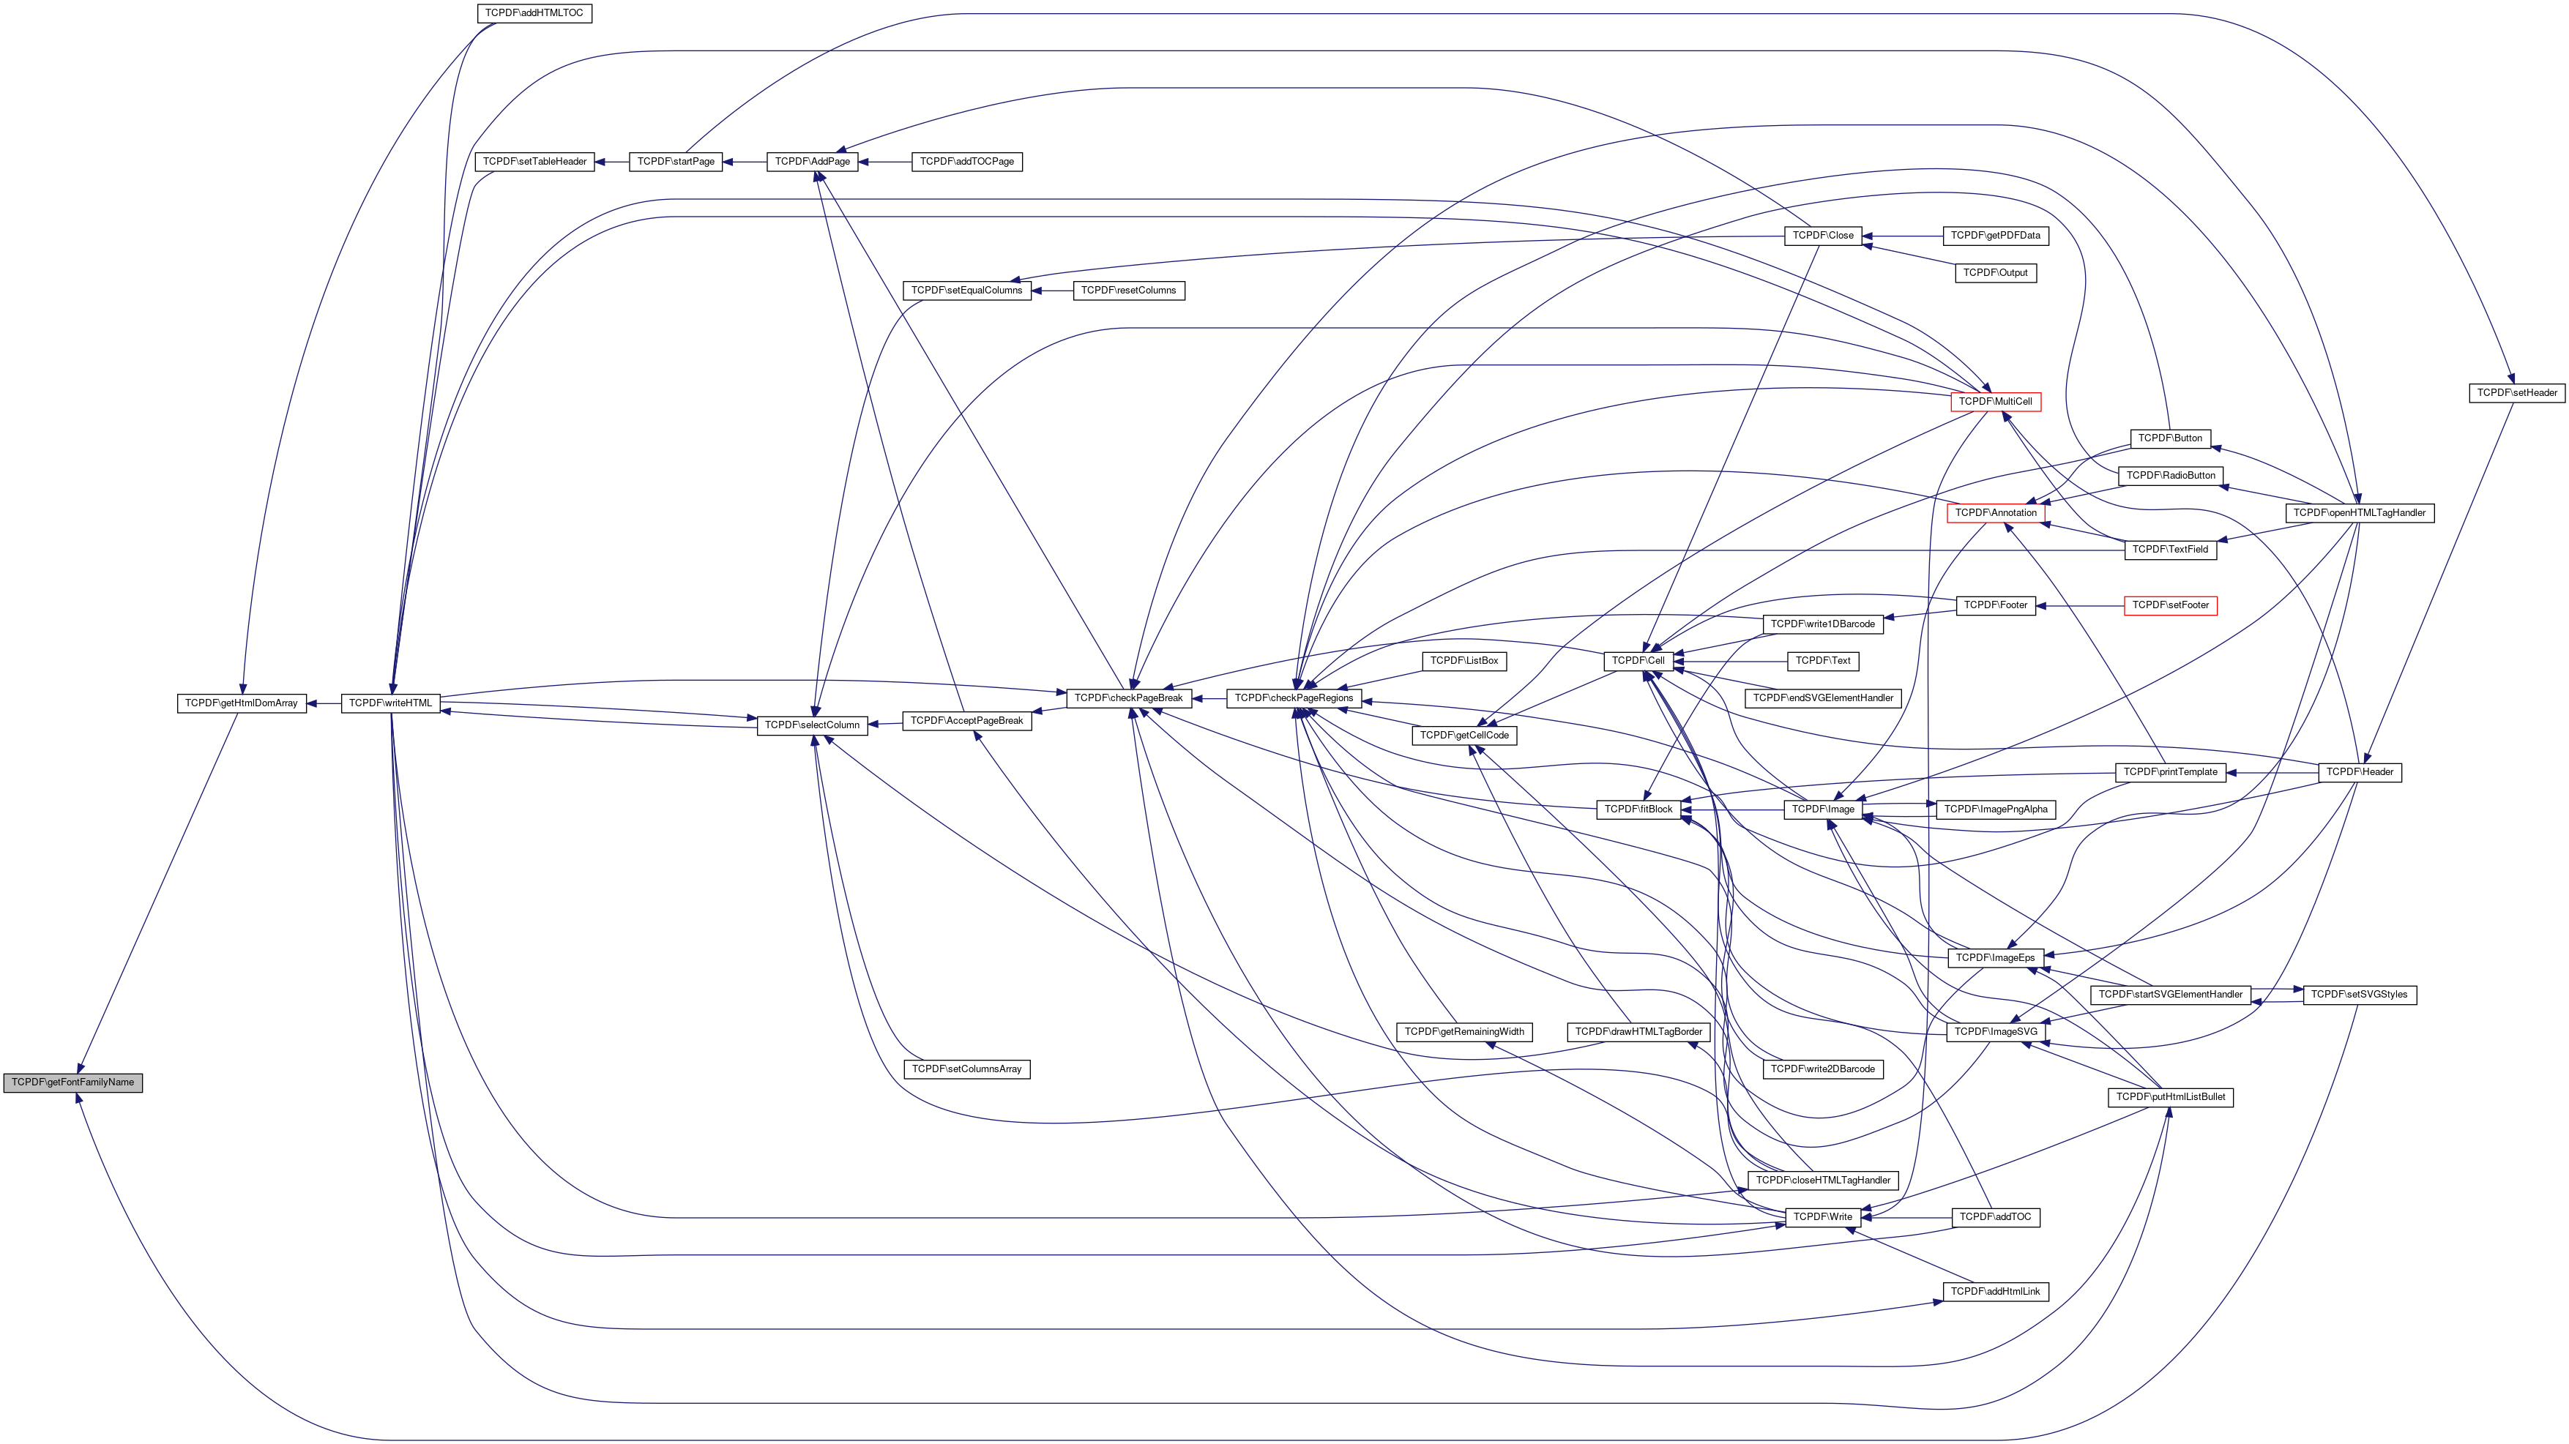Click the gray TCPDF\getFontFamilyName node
click(72, 1082)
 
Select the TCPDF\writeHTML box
click(390, 703)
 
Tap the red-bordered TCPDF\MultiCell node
click(1994, 402)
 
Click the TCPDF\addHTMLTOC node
click(534, 13)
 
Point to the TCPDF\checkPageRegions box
click(1294, 698)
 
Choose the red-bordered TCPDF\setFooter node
click(2170, 605)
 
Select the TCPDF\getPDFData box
click(1994, 236)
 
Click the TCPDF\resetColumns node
click(1128, 291)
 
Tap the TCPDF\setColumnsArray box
click(966, 1069)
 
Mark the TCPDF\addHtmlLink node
click(1994, 1292)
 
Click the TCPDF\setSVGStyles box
click(2359, 994)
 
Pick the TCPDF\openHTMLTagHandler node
click(2359, 512)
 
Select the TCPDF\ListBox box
click(1463, 660)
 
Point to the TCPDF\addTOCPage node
click(966, 162)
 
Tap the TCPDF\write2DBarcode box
click(1822, 1069)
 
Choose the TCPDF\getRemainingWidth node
click(1463, 1031)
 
